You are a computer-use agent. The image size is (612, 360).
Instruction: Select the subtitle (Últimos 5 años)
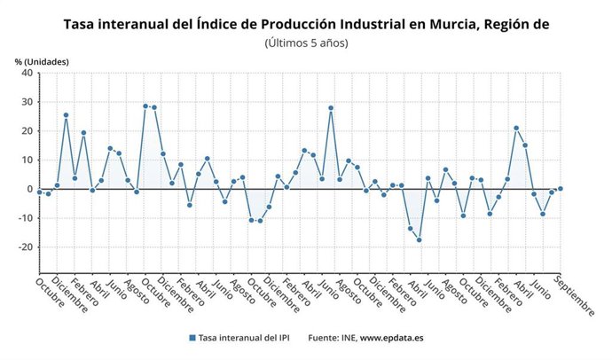click(x=306, y=43)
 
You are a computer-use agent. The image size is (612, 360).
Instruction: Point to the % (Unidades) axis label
click(x=41, y=61)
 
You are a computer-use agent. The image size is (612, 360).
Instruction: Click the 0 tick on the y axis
click(x=29, y=189)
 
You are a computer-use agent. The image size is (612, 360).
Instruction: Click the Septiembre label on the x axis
click(x=576, y=296)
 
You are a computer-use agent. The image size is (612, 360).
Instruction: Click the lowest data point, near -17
click(x=419, y=239)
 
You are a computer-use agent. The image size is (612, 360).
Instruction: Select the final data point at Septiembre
click(x=561, y=188)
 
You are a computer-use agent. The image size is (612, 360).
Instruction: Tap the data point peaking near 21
click(x=516, y=128)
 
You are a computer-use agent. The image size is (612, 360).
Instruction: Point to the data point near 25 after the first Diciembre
click(x=66, y=115)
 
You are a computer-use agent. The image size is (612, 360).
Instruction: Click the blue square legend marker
click(x=192, y=338)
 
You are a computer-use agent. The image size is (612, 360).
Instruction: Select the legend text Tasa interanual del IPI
click(x=245, y=338)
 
